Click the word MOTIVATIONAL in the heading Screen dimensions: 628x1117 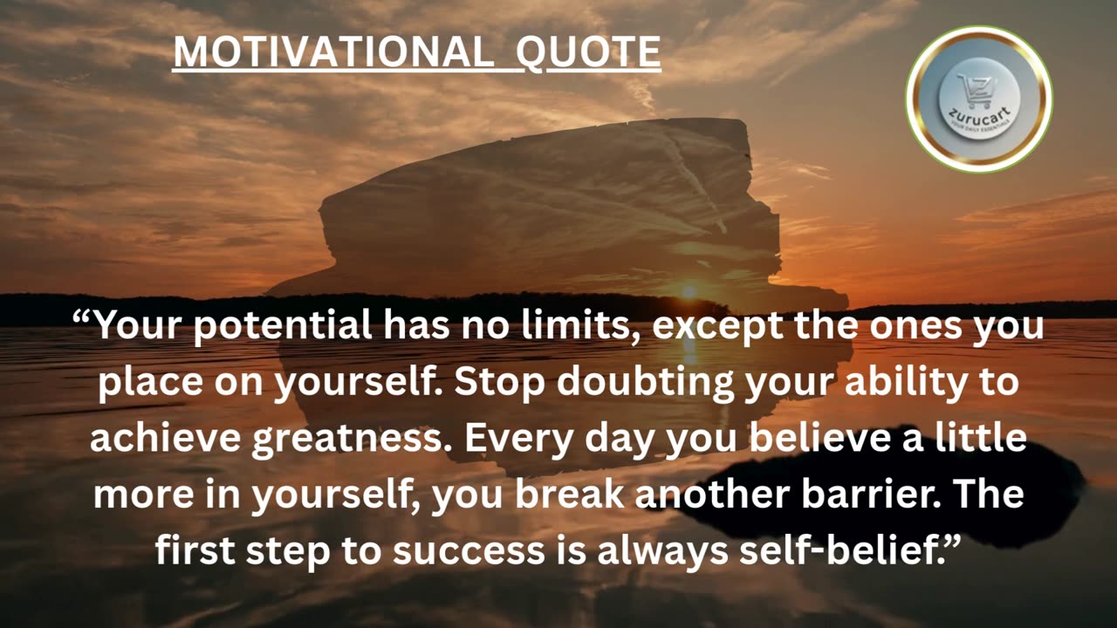(x=331, y=52)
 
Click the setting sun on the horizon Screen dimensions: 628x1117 (x=689, y=292)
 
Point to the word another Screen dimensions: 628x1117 (x=715, y=495)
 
